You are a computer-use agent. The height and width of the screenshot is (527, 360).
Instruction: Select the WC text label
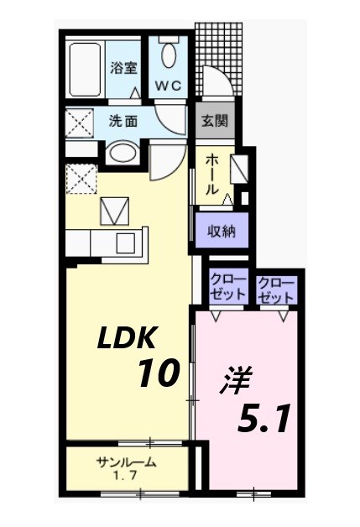[169, 86]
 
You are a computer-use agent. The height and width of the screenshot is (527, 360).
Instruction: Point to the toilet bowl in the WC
[169, 55]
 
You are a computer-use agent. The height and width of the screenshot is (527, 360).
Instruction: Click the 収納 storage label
[222, 229]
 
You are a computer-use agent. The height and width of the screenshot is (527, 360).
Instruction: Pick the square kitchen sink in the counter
[127, 243]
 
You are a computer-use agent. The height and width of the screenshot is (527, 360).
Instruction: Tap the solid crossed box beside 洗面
[81, 124]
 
